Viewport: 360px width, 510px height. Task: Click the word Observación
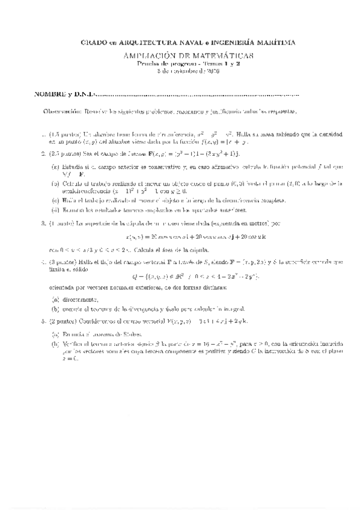coord(62,112)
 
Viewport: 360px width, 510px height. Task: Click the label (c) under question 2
coord(56,200)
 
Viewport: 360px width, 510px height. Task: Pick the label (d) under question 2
coord(56,210)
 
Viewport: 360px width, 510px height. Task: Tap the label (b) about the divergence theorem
coord(56,309)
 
